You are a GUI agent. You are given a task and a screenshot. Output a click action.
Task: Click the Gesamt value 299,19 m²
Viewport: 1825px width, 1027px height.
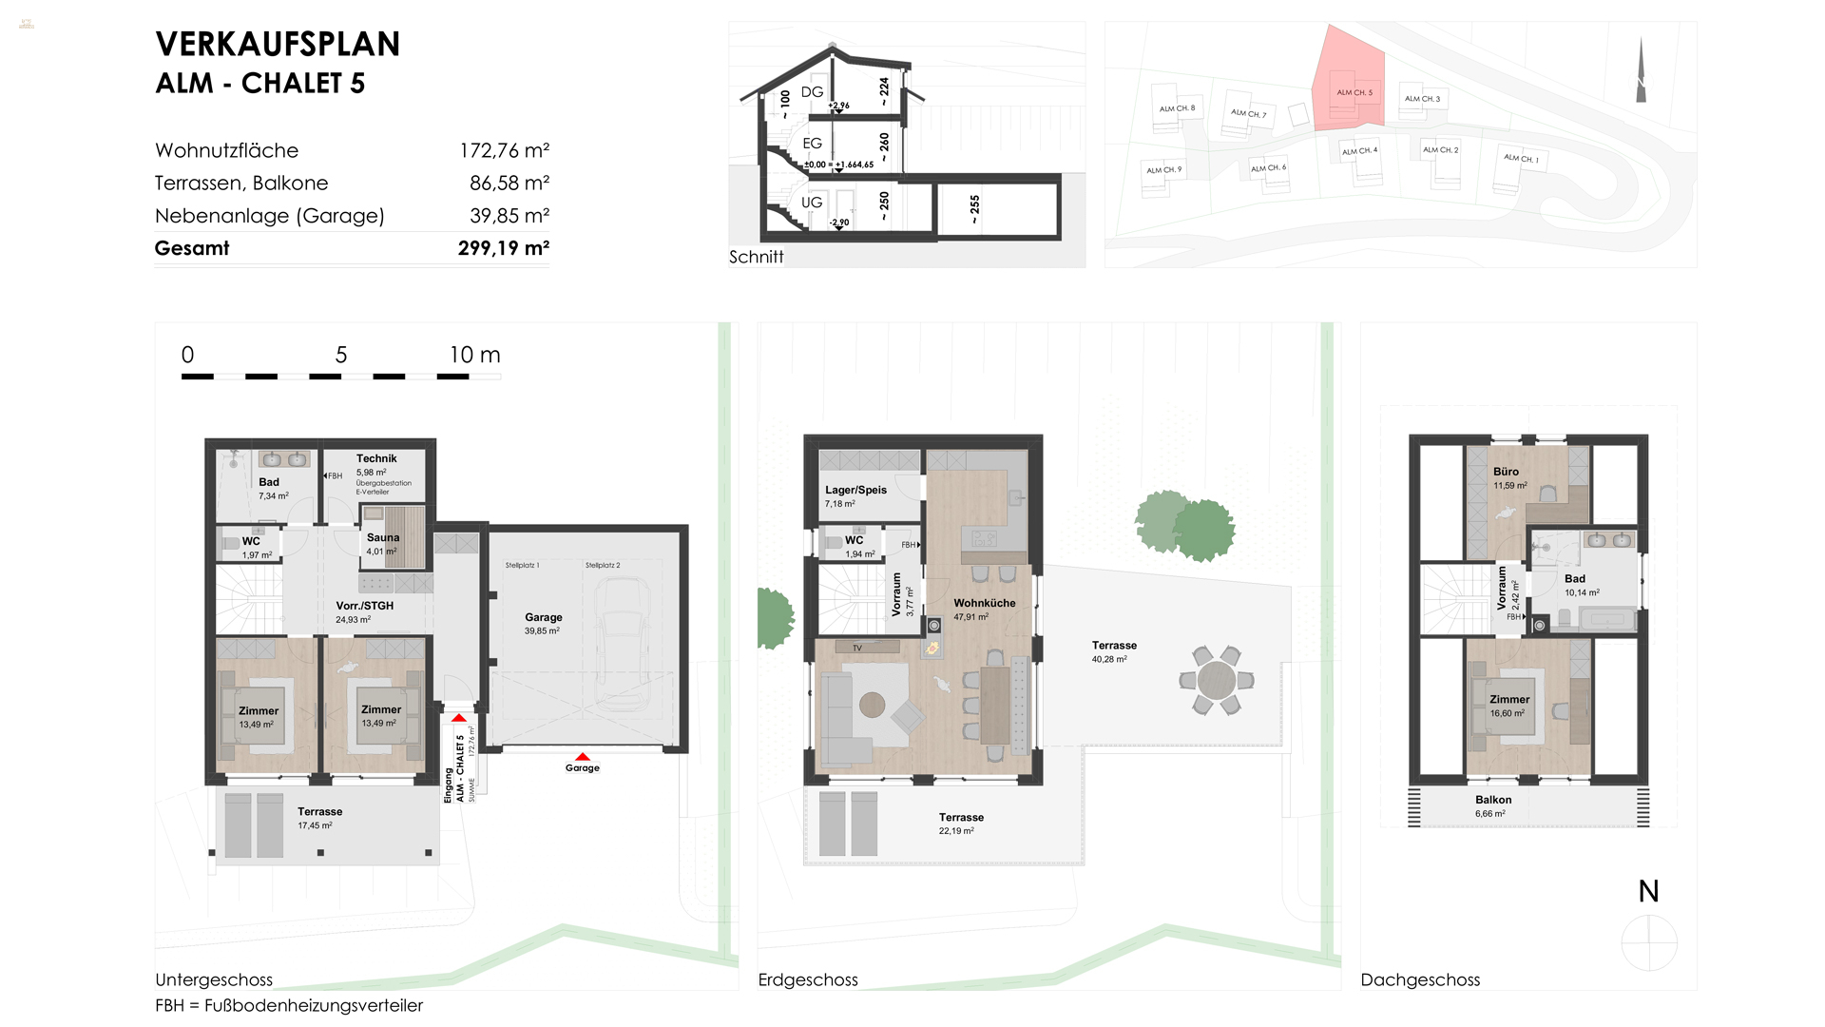503,248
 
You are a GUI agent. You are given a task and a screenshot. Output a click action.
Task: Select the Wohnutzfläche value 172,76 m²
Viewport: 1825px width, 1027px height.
504,150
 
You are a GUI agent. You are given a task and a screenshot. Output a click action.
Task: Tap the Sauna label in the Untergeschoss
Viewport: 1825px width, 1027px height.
383,537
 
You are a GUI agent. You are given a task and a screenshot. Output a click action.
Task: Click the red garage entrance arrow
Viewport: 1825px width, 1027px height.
583,757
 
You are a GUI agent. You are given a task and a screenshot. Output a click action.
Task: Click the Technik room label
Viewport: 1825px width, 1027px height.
376,458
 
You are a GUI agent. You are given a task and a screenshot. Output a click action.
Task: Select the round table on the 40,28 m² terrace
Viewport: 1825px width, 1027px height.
1216,680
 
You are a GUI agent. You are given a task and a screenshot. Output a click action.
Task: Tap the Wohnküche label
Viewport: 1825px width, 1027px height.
985,603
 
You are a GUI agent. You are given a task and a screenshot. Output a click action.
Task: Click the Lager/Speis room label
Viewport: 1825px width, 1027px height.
855,490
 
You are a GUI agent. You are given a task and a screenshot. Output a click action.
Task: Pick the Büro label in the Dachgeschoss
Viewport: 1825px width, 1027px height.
1506,472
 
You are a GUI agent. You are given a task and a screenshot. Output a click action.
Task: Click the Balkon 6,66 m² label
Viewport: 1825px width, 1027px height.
1493,800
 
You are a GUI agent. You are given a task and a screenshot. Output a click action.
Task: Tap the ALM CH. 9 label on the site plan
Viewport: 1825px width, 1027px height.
1163,170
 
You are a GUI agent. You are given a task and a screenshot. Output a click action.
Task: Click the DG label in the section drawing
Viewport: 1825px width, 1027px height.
812,92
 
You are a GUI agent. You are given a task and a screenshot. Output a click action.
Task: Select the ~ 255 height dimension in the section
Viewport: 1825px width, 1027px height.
974,208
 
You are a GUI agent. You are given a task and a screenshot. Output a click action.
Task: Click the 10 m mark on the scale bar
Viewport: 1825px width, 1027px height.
473,356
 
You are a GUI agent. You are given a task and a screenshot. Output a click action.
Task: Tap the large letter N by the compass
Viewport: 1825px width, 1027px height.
1648,892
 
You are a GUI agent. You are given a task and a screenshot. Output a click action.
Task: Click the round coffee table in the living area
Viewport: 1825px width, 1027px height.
872,705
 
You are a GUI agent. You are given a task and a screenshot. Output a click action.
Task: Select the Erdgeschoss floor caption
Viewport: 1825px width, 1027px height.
808,979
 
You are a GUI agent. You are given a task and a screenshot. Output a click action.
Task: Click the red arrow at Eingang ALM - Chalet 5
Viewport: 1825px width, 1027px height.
459,718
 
